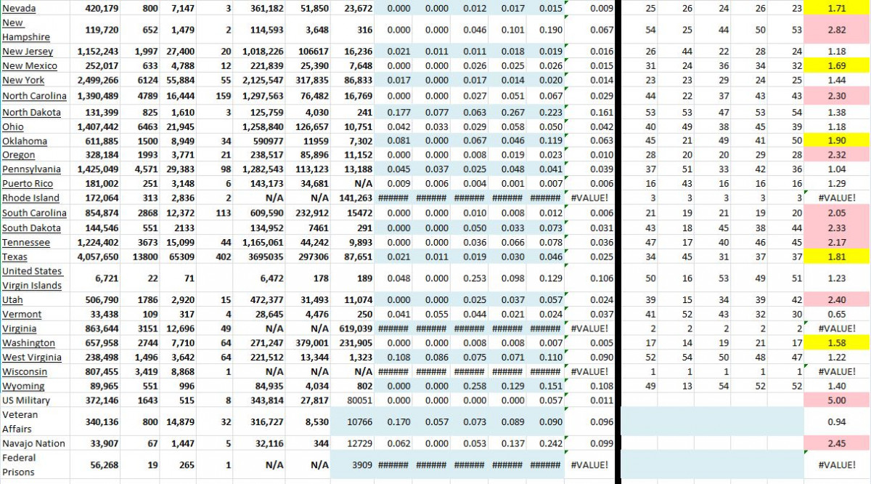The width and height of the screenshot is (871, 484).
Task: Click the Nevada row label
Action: coord(19,7)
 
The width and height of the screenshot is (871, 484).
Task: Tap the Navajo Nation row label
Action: coord(33,443)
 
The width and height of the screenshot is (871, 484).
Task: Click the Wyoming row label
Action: coord(23,386)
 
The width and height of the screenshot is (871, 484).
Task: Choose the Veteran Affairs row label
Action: coord(20,422)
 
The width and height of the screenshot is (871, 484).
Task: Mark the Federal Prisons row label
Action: coord(19,465)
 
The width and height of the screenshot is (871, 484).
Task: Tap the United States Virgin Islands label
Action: coord(32,278)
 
